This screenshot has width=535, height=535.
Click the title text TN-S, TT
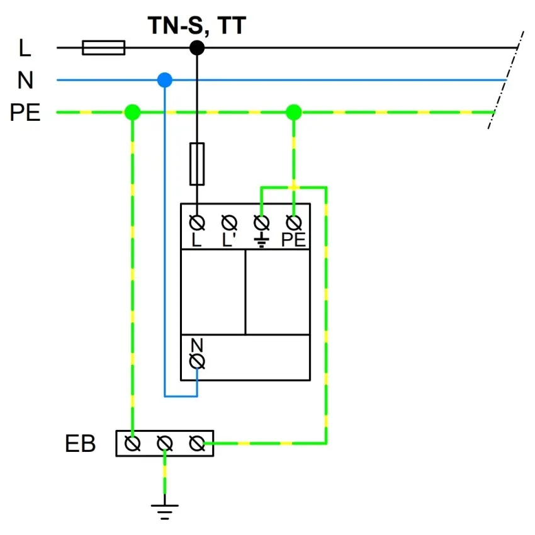[x=196, y=26]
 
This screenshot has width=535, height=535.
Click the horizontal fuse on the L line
[x=104, y=47]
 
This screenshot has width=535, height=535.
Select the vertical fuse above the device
[x=197, y=164]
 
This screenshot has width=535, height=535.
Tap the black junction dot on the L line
[x=197, y=47]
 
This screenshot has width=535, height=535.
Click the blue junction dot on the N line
[x=165, y=80]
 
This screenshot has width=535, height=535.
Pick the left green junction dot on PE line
[x=132, y=113]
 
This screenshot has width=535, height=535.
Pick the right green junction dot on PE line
[x=293, y=113]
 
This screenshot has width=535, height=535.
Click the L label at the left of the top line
[x=25, y=47]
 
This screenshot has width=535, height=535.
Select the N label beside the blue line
[x=26, y=81]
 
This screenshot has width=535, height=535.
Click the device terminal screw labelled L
[x=197, y=223]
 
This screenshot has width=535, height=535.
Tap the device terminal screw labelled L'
[x=229, y=223]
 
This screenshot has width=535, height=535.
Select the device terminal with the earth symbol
[x=261, y=223]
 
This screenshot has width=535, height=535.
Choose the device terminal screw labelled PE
[x=293, y=223]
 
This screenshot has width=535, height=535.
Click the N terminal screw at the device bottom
[x=197, y=361]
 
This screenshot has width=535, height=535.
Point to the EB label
[x=81, y=444]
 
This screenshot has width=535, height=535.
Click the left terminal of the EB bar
[x=132, y=444]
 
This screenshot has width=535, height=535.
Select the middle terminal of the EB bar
[x=165, y=444]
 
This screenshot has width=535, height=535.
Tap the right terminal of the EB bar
[x=197, y=444]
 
